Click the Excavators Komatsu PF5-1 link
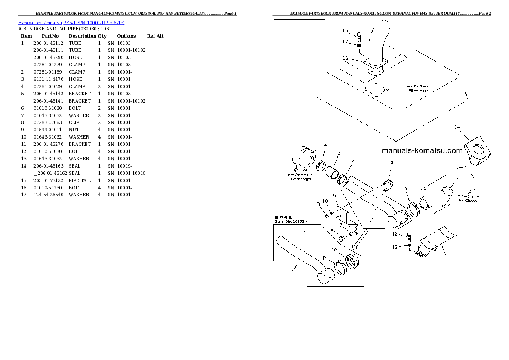(x=71, y=22)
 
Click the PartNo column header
(x=50, y=36)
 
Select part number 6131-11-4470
(x=48, y=79)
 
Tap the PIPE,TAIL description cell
(x=79, y=180)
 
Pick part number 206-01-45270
(x=48, y=144)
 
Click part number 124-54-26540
(x=48, y=195)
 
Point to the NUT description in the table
(x=74, y=130)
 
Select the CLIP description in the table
(x=74, y=122)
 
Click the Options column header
(x=126, y=36)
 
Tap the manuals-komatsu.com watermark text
(x=422, y=150)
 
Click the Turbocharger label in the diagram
(x=300, y=179)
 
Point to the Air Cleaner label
(x=468, y=200)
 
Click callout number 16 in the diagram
(x=345, y=30)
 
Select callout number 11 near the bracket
(x=446, y=258)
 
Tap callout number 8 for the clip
(x=391, y=163)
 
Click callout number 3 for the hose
(x=339, y=153)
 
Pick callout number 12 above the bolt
(x=395, y=234)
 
